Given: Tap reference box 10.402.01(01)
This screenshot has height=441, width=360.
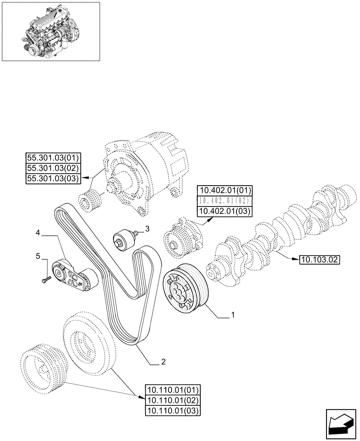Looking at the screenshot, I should click(225, 191).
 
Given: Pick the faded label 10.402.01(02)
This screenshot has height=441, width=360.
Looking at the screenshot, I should click(225, 201).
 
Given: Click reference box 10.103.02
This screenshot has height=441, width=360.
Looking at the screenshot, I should click(319, 260).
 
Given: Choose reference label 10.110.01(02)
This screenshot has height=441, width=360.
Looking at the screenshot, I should click(172, 400).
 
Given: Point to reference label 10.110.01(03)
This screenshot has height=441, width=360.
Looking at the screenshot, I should click(172, 411).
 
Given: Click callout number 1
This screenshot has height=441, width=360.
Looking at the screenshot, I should click(232, 316).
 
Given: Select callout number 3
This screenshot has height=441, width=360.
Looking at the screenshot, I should click(147, 229).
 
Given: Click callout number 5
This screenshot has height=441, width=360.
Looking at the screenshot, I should click(38, 256).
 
